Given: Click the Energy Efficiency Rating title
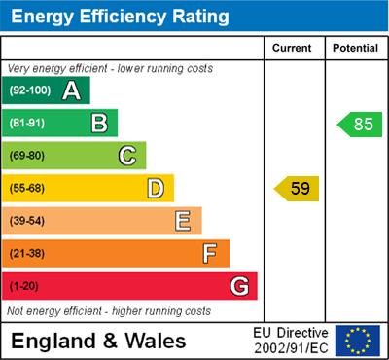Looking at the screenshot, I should click(120, 17).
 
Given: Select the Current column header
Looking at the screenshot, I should click(293, 48).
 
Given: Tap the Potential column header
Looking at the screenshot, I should click(355, 48).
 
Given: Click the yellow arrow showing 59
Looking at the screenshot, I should click(297, 188).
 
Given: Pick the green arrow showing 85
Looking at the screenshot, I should click(360, 125).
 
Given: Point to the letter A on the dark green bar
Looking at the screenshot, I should click(71, 91).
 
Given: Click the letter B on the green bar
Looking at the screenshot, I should click(99, 124).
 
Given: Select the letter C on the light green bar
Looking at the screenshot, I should click(127, 156).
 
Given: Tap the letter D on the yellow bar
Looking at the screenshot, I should click(156, 188).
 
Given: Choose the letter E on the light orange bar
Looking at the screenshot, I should click(183, 221).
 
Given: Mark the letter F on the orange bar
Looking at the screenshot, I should click(210, 254).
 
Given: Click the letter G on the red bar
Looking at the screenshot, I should click(238, 286).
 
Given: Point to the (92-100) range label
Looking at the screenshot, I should click(30, 91).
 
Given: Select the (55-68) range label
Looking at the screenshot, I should click(28, 188).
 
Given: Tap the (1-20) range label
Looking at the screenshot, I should click(25, 286).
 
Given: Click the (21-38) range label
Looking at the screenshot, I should click(28, 254).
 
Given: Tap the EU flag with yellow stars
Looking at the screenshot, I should click(358, 341).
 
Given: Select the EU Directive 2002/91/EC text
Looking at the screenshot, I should click(291, 341).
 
